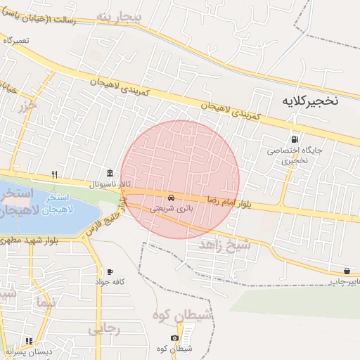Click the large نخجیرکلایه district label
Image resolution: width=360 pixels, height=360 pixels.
[x=309, y=101]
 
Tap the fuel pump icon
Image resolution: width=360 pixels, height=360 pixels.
[x=294, y=138]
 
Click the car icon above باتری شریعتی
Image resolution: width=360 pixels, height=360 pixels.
[x=172, y=196]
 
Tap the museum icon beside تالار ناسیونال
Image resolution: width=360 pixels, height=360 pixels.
[x=110, y=174]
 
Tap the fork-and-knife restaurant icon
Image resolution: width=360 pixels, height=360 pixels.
[x=54, y=174]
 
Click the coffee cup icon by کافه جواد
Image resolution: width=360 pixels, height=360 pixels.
[x=110, y=271]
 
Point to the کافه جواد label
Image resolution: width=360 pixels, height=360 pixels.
[x=110, y=282]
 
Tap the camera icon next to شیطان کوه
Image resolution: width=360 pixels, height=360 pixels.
[x=175, y=339]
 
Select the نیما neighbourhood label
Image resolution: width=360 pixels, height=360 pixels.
[x=42, y=302]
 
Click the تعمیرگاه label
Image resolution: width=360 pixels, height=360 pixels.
[x=17, y=40]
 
